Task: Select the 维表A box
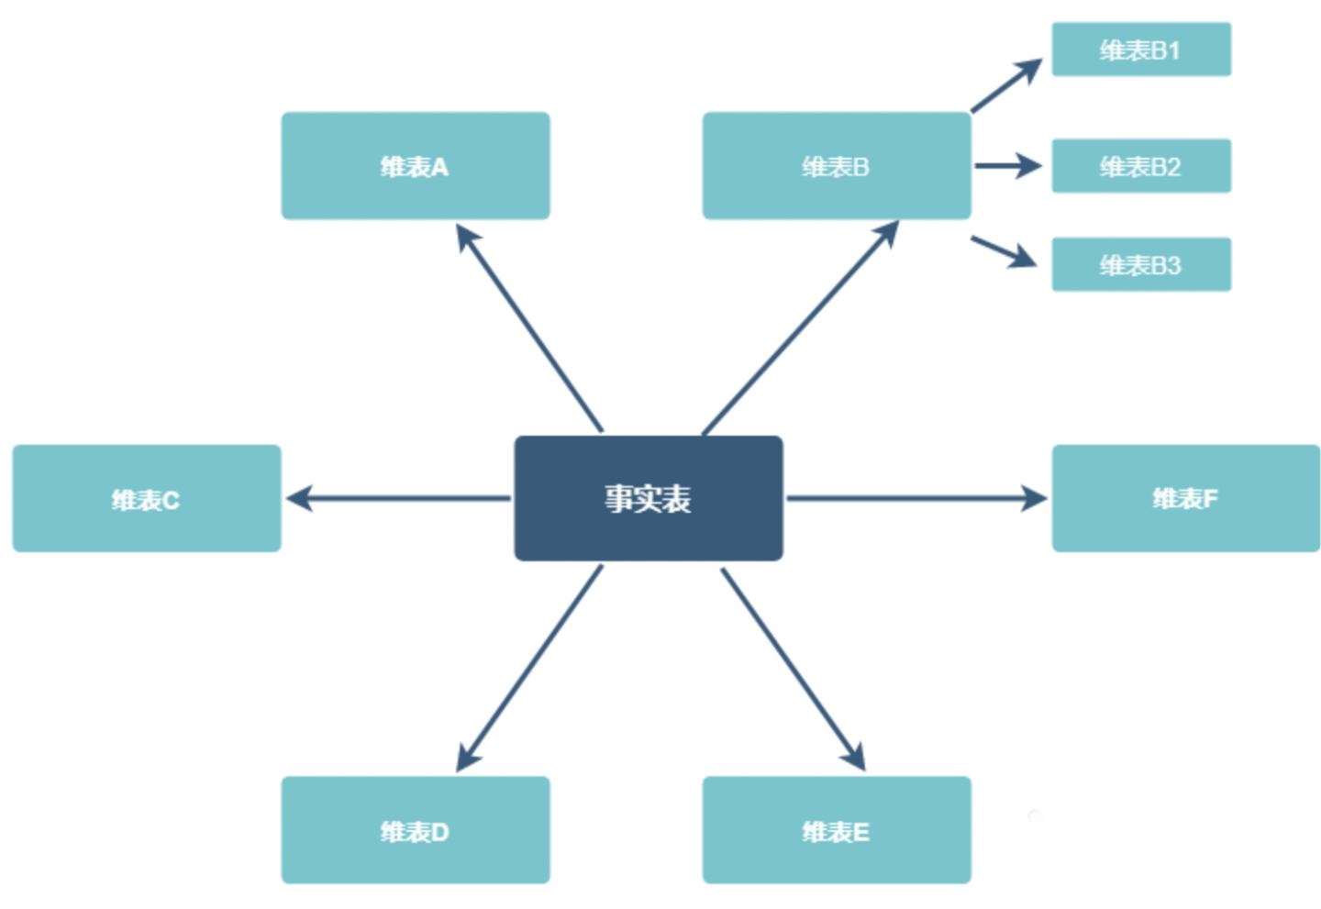pyautogui.click(x=415, y=166)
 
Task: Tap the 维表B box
pyautogui.click(x=836, y=166)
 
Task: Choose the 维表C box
pyautogui.click(x=146, y=498)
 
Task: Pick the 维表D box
pyautogui.click(x=415, y=830)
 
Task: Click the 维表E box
pyautogui.click(x=836, y=830)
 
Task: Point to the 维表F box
pyautogui.click(x=1185, y=498)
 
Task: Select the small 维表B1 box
pyautogui.click(x=1140, y=50)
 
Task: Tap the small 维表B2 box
pyautogui.click(x=1140, y=166)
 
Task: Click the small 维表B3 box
pyautogui.click(x=1140, y=265)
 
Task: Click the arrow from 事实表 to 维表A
pyautogui.click(x=529, y=327)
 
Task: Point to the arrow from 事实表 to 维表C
pyautogui.click(x=398, y=498)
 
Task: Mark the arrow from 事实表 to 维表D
pyautogui.click(x=529, y=668)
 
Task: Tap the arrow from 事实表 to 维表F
pyautogui.click(x=916, y=498)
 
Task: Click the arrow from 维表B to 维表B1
pyautogui.click(x=1006, y=85)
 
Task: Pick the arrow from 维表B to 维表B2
pyautogui.click(x=1007, y=166)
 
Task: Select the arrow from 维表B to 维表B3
pyautogui.click(x=1004, y=251)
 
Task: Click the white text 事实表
pyautogui.click(x=648, y=498)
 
